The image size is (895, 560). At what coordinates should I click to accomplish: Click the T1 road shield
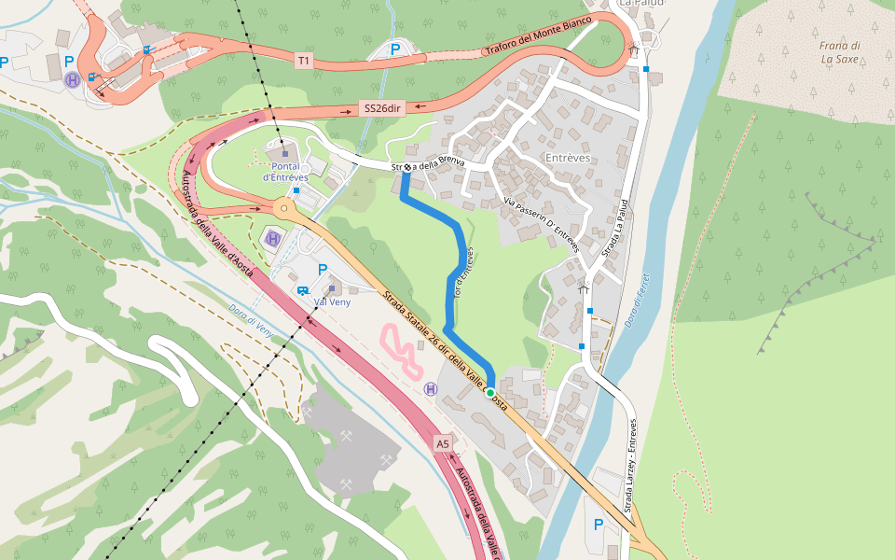(303, 61)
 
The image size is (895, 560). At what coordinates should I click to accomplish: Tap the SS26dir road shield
(382, 108)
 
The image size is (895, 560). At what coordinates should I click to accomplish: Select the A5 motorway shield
(443, 444)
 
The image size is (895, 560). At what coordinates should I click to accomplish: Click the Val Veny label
(332, 301)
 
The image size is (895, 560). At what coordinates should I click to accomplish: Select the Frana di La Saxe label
(840, 52)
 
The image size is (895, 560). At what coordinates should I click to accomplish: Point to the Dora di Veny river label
(250, 321)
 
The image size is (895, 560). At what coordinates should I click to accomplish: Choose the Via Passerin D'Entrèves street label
(542, 225)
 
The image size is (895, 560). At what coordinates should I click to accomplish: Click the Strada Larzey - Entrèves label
(631, 466)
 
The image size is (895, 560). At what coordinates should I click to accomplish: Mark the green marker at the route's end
(489, 393)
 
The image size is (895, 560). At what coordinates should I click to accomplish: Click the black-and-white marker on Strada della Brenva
(407, 168)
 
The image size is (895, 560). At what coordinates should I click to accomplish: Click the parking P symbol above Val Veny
(323, 270)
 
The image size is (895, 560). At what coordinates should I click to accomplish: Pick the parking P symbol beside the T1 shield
(394, 49)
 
